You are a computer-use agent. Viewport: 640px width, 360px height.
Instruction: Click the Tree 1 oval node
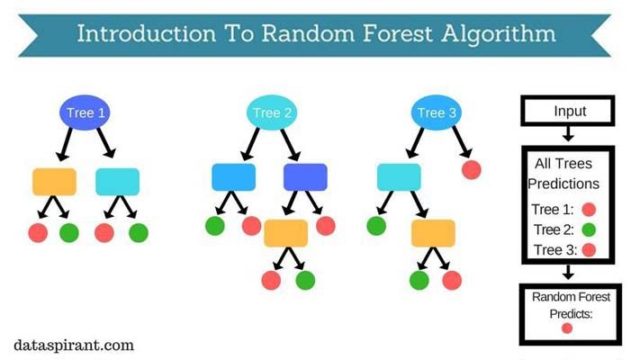pos(86,112)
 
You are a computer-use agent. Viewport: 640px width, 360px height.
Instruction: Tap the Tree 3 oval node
pos(431,112)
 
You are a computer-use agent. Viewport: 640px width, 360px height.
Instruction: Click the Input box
pos(568,112)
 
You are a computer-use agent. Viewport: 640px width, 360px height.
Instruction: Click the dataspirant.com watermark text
pos(74,344)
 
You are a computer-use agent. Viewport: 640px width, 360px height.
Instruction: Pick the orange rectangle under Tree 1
pos(54,181)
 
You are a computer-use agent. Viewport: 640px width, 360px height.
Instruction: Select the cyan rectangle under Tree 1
pos(118,181)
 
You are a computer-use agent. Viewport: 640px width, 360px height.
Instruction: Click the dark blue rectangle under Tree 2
pos(305,177)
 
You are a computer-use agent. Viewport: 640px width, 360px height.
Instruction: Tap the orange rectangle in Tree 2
pos(286,233)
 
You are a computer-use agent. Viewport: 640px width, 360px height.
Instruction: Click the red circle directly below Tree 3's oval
pos(470,169)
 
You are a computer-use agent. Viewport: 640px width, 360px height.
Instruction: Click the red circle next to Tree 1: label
pos(590,210)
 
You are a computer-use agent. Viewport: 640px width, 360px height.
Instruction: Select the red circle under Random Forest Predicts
pos(567,328)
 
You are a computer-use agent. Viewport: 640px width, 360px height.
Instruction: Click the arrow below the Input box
pos(568,135)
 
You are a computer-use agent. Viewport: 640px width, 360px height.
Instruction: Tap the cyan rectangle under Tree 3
pos(399,177)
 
